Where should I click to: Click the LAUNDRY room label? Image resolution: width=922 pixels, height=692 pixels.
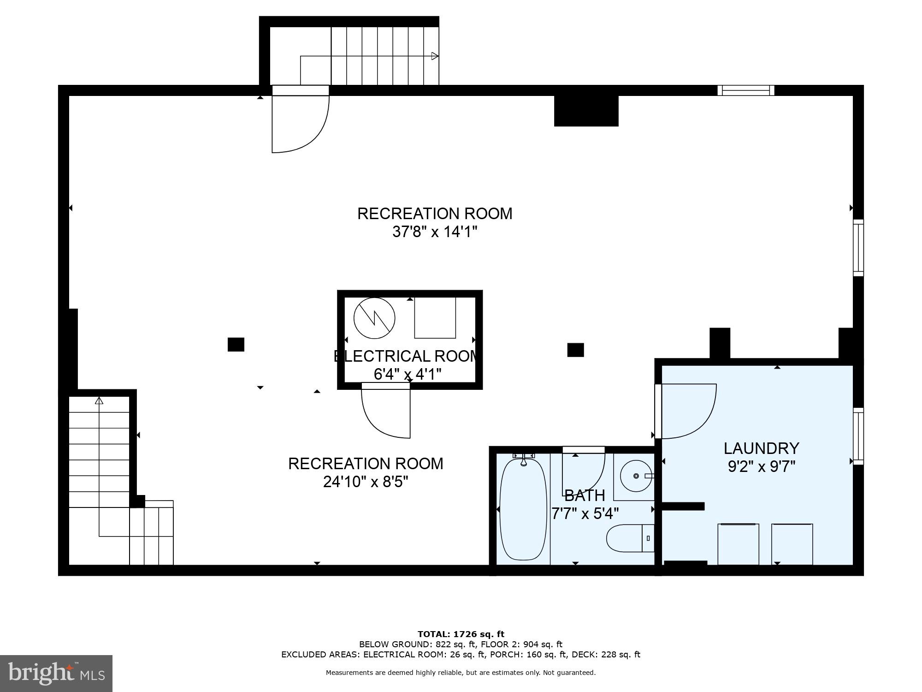(761, 448)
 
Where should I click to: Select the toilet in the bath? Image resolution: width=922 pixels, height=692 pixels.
(629, 538)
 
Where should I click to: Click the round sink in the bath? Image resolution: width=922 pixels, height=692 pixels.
(636, 476)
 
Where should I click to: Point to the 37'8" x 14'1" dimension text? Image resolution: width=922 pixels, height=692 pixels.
(434, 232)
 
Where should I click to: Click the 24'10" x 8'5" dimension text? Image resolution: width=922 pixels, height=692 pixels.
(366, 482)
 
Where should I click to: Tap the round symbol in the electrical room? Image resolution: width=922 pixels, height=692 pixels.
(374, 318)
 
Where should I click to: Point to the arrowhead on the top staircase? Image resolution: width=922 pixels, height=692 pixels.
(434, 56)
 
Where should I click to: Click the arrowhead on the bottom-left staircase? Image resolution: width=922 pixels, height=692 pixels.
(99, 400)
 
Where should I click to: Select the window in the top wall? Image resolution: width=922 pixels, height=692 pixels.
(745, 90)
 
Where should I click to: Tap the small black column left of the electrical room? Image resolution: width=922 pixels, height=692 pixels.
(236, 345)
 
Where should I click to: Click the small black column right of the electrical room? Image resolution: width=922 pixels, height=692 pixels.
(575, 350)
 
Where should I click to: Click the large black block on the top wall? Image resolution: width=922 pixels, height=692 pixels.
(586, 111)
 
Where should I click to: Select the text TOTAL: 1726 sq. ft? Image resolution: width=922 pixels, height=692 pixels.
(461, 634)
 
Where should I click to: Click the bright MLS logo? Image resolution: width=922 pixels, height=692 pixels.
(56, 673)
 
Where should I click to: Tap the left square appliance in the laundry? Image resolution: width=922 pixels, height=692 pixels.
(738, 544)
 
